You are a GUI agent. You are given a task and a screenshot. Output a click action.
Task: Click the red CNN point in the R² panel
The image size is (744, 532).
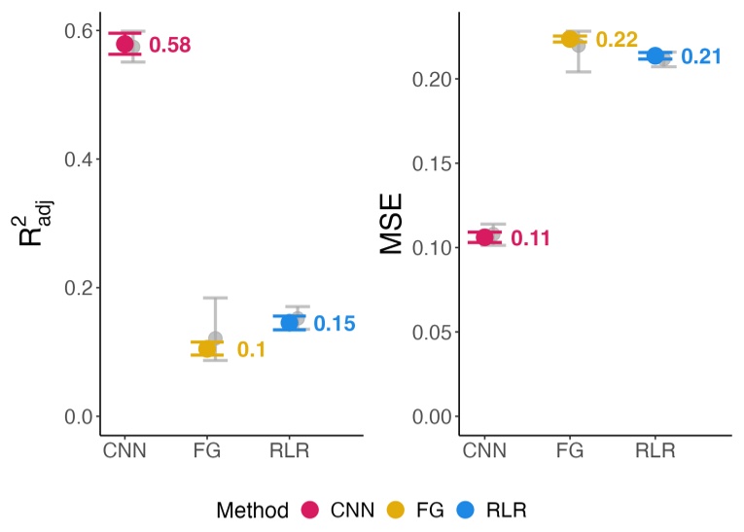coord(124,44)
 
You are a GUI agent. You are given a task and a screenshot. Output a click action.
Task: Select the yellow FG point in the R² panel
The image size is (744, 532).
coord(206,348)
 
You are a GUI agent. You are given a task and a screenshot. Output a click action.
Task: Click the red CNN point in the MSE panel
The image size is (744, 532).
coord(485,237)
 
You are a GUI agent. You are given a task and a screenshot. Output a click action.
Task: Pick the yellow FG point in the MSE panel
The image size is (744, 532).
coord(570,39)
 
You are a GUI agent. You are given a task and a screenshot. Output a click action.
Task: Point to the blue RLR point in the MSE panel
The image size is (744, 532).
coord(655,55)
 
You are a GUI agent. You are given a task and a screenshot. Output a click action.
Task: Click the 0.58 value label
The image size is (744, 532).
coord(169,45)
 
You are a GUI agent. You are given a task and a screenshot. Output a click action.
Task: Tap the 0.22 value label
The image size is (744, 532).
coord(616,40)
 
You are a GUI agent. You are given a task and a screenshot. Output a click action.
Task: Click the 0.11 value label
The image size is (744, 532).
coord(531,238)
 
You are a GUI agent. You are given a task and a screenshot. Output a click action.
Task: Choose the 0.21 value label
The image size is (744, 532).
coord(700,56)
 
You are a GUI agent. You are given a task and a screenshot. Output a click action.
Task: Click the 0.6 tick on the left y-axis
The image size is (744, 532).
coord(78,30)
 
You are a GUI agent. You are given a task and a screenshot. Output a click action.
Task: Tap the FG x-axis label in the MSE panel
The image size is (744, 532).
coord(571,450)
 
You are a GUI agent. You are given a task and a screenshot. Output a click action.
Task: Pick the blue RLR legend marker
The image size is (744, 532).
coord(464,509)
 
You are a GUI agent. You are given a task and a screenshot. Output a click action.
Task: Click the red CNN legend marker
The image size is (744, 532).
coord(311,509)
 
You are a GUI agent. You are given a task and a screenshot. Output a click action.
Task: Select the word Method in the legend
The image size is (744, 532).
coord(253,509)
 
